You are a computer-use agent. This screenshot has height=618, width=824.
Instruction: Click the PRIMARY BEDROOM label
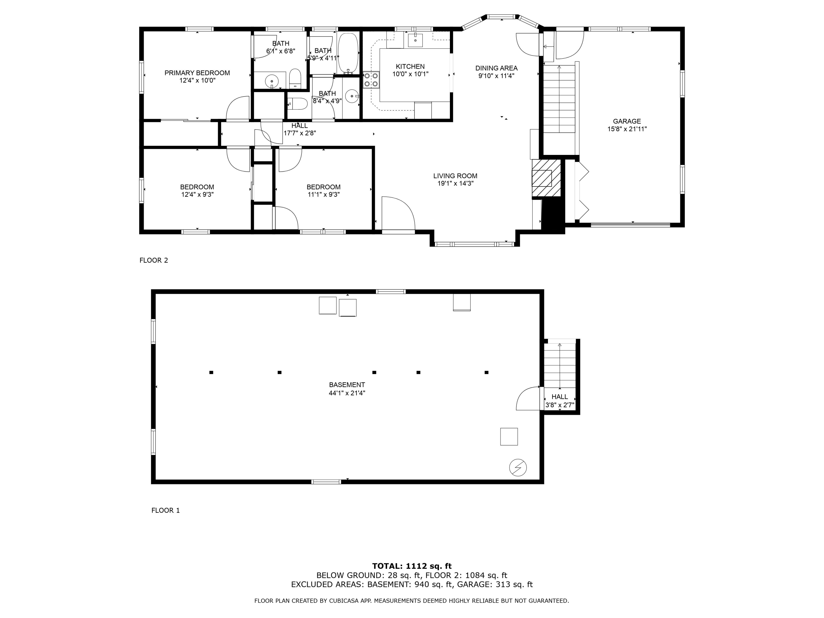(x=197, y=73)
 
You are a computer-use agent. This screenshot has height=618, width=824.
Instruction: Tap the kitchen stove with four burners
(x=371, y=79)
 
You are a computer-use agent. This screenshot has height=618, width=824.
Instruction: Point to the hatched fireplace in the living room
(x=546, y=178)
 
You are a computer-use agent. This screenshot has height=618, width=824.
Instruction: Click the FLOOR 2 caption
(x=154, y=260)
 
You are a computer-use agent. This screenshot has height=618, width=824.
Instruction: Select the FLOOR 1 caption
(x=165, y=510)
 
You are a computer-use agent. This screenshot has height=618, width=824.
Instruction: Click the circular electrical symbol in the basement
(x=518, y=467)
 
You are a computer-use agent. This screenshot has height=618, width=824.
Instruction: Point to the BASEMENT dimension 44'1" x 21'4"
(x=347, y=393)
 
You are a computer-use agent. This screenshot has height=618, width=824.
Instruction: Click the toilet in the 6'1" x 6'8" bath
(x=295, y=78)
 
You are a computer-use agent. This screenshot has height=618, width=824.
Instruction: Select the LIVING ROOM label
(x=455, y=176)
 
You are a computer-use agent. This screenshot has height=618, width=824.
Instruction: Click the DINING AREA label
(x=496, y=68)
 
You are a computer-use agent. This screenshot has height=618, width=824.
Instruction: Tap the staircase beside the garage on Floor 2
(x=559, y=99)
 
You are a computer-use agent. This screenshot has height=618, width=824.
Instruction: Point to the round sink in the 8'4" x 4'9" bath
(x=352, y=96)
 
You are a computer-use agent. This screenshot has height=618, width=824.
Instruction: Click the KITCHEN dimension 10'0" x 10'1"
(x=410, y=74)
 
